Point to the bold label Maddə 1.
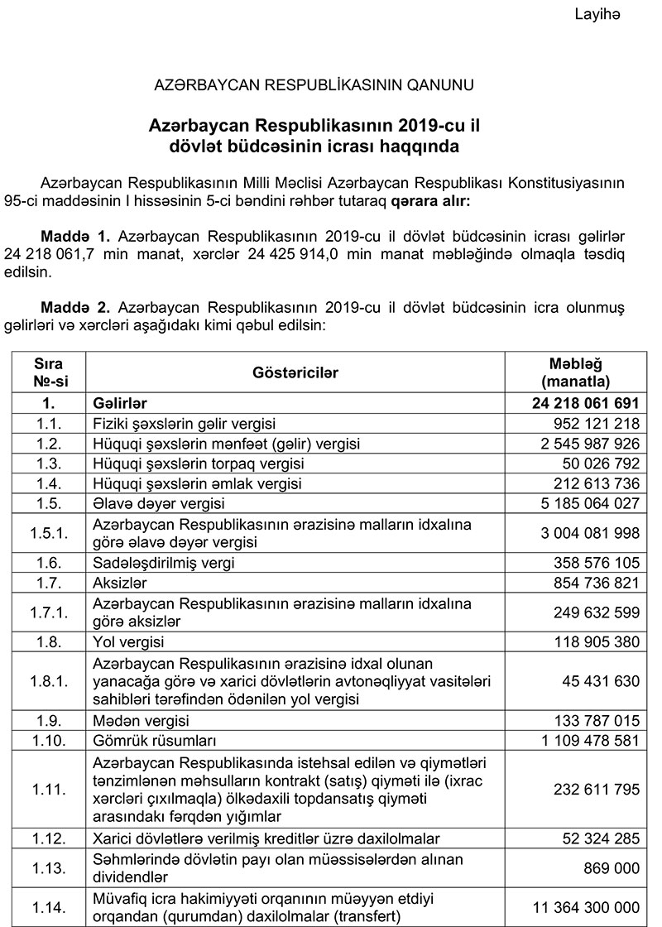click(x=72, y=235)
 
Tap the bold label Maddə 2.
click(x=72, y=306)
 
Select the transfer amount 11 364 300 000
click(x=580, y=907)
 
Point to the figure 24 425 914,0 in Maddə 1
click(x=287, y=253)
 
